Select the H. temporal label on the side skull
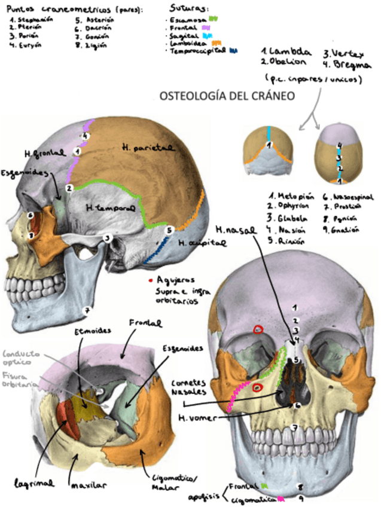click(108, 208)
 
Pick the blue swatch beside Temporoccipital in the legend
click(233, 51)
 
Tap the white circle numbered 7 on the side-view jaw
click(87, 310)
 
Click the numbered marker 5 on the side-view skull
click(170, 229)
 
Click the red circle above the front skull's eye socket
click(258, 329)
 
